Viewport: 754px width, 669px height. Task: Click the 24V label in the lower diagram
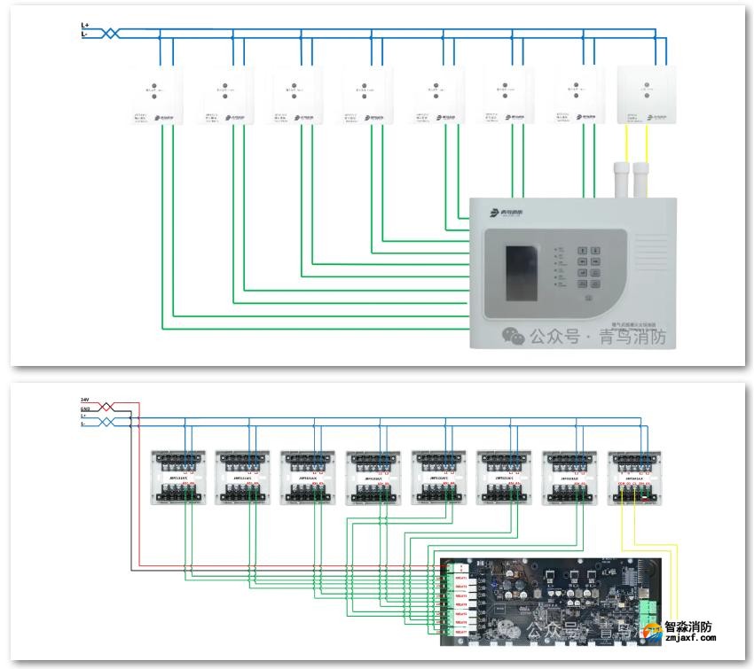[85, 401]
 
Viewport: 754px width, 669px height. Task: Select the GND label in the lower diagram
[85, 408]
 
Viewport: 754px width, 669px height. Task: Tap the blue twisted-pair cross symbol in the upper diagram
[110, 33]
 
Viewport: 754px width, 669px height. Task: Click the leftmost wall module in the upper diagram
[156, 95]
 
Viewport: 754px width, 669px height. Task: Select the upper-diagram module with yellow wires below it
[646, 95]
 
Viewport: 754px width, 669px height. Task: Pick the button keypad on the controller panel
[593, 266]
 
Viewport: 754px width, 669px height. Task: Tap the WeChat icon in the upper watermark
[513, 335]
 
